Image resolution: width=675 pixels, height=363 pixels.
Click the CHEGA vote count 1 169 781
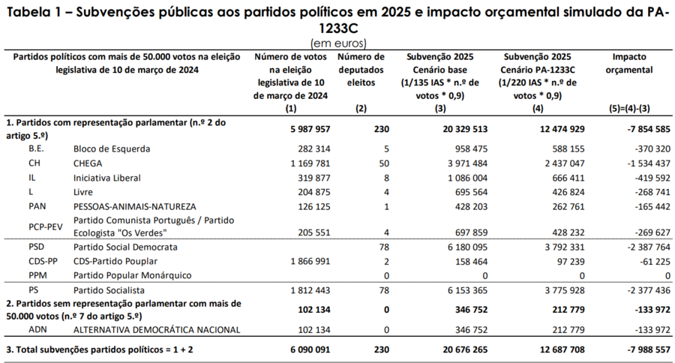click(310, 163)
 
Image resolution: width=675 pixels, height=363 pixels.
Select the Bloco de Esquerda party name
click(112, 149)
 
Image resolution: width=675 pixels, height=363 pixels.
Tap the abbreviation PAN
click(37, 206)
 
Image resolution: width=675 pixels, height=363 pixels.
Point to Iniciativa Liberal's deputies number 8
click(386, 178)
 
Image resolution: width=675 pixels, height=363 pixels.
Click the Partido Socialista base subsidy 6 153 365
click(467, 291)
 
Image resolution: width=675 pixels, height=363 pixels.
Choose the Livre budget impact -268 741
click(652, 192)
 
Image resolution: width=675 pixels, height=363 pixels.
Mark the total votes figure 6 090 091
click(310, 349)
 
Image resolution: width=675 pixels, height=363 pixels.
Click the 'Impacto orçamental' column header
click(629, 63)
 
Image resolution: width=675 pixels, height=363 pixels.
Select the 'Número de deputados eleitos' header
click(361, 70)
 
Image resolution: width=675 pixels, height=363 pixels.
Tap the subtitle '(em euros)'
click(338, 43)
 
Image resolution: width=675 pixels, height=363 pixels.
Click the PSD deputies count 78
click(384, 247)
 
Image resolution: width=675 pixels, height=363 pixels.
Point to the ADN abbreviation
click(38, 330)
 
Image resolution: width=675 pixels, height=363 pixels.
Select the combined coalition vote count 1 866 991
click(310, 262)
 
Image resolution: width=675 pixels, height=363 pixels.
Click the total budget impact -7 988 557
click(649, 349)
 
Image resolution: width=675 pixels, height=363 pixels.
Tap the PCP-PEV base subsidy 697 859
click(472, 233)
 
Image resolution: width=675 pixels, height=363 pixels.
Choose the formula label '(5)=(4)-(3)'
click(629, 109)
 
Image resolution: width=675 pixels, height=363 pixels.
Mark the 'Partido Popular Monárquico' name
click(133, 275)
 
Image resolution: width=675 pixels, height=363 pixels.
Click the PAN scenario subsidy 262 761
click(568, 207)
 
